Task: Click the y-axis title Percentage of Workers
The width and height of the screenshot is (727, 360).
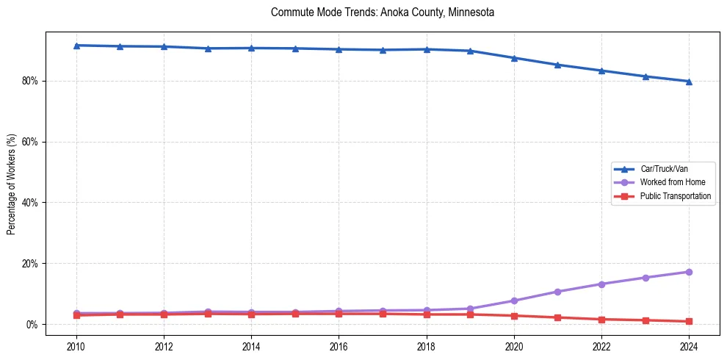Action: click(11, 184)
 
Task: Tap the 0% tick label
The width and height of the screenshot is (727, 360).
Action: click(32, 325)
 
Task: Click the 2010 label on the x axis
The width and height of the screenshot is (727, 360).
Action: click(76, 345)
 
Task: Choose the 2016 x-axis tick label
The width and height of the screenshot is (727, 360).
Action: click(339, 345)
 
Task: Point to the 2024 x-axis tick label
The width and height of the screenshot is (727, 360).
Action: click(689, 345)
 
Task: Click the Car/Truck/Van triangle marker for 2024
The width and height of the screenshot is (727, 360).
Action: click(689, 82)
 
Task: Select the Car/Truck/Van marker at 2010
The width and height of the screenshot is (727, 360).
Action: click(76, 46)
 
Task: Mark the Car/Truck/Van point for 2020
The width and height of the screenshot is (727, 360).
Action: click(514, 58)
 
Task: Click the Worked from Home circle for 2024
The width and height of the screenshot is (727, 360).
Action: click(689, 272)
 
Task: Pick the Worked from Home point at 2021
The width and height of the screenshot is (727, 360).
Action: click(557, 292)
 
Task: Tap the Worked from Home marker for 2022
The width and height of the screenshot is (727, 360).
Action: click(601, 284)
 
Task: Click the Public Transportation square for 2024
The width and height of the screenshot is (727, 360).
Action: click(689, 321)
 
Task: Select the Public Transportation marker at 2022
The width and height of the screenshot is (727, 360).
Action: click(601, 319)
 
